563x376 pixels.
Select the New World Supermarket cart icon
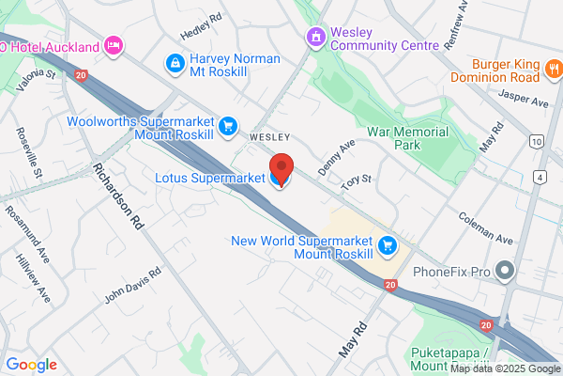tap(388, 246)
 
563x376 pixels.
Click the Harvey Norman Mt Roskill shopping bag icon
tap(174, 63)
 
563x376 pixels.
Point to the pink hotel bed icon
tap(114, 44)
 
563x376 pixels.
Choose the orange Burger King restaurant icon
tap(555, 69)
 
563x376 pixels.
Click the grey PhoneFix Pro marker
tap(506, 273)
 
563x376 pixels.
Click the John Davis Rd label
tap(132, 283)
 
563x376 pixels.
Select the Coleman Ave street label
tap(482, 227)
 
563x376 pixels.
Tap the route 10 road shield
tap(536, 141)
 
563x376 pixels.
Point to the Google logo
tap(31, 365)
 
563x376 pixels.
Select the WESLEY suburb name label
tap(269, 136)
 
